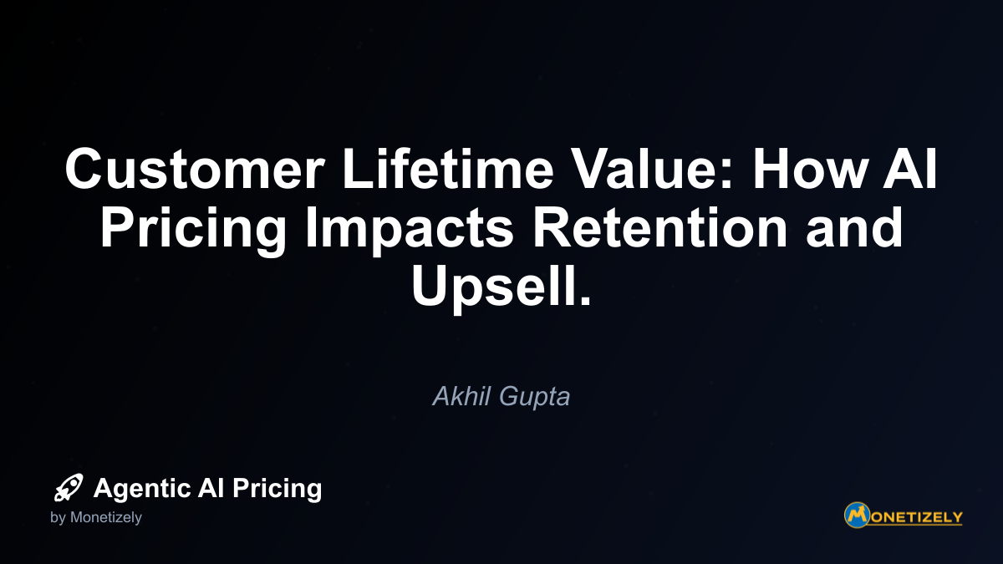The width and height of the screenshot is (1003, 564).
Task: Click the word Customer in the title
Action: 195,169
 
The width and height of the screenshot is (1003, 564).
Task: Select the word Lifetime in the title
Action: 448,168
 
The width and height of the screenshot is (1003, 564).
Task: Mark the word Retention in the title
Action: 659,227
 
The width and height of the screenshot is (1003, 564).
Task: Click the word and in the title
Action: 854,227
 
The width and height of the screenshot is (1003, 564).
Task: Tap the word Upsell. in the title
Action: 501,288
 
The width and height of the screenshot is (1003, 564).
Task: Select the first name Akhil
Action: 461,396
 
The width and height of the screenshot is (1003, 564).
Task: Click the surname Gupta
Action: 535,398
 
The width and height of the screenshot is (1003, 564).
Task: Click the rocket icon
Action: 69,487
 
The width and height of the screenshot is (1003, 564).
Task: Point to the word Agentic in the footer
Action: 142,488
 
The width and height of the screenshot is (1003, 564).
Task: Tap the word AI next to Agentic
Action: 211,487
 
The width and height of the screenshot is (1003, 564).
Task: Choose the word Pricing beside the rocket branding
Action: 277,489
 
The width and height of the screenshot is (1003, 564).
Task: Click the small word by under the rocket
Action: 58,518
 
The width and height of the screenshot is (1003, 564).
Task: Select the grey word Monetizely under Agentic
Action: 106,518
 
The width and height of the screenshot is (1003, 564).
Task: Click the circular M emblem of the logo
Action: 857,516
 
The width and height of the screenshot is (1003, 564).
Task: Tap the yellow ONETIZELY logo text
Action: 917,517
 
